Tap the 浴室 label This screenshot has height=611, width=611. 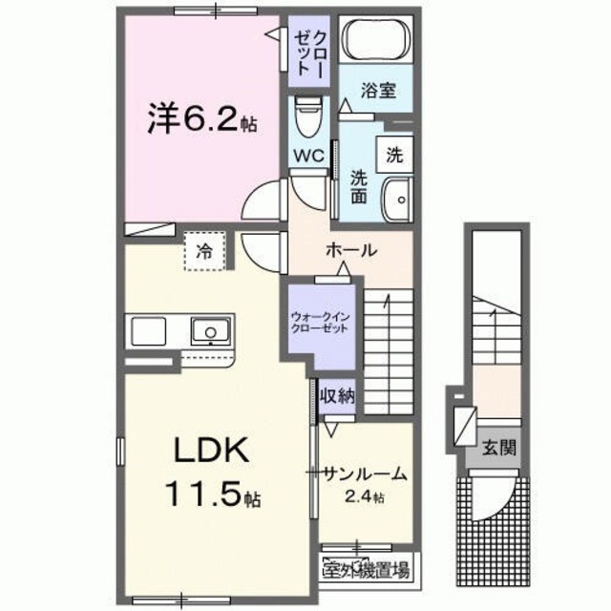coord(378,93)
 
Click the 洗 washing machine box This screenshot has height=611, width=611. coord(394,151)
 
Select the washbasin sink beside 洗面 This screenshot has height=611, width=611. coord(394,198)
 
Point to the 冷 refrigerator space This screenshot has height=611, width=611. coord(203,251)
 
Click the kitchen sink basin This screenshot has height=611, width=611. coord(206,332)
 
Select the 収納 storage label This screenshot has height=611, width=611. coord(338,395)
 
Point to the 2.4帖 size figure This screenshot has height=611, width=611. coord(366,497)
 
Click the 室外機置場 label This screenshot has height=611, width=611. coord(366,571)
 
